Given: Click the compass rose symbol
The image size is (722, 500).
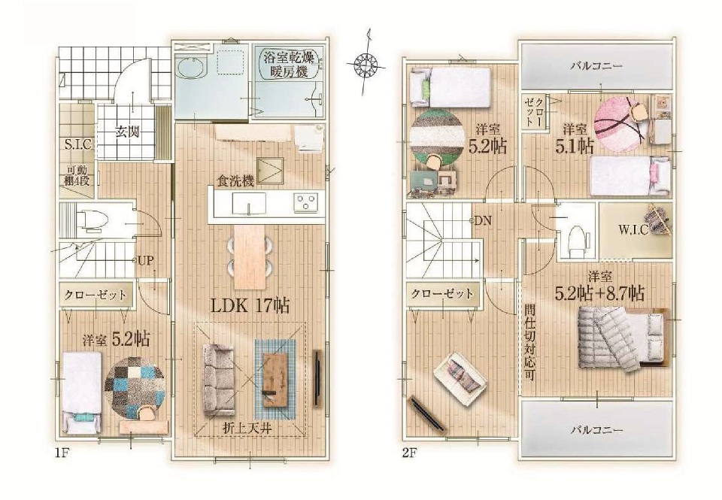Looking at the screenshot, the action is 366,62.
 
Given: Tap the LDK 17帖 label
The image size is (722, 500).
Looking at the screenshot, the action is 250,305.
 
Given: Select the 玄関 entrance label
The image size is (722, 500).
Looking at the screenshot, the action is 126,132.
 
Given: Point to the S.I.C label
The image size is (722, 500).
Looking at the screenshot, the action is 77,144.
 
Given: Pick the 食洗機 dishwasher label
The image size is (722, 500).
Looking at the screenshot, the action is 235,181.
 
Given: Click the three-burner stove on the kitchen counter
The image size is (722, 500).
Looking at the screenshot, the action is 306,203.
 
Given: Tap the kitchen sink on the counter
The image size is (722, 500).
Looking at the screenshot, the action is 249,204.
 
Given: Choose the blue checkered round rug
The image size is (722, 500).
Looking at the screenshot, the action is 135,387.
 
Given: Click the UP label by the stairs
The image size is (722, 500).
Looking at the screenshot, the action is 145,261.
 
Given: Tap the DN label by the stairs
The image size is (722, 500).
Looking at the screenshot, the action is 483,221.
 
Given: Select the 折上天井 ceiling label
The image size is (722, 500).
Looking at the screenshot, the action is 247,428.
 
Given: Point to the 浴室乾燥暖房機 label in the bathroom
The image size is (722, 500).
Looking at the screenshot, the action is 289,65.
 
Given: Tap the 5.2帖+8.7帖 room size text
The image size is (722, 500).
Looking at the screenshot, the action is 599,292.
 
